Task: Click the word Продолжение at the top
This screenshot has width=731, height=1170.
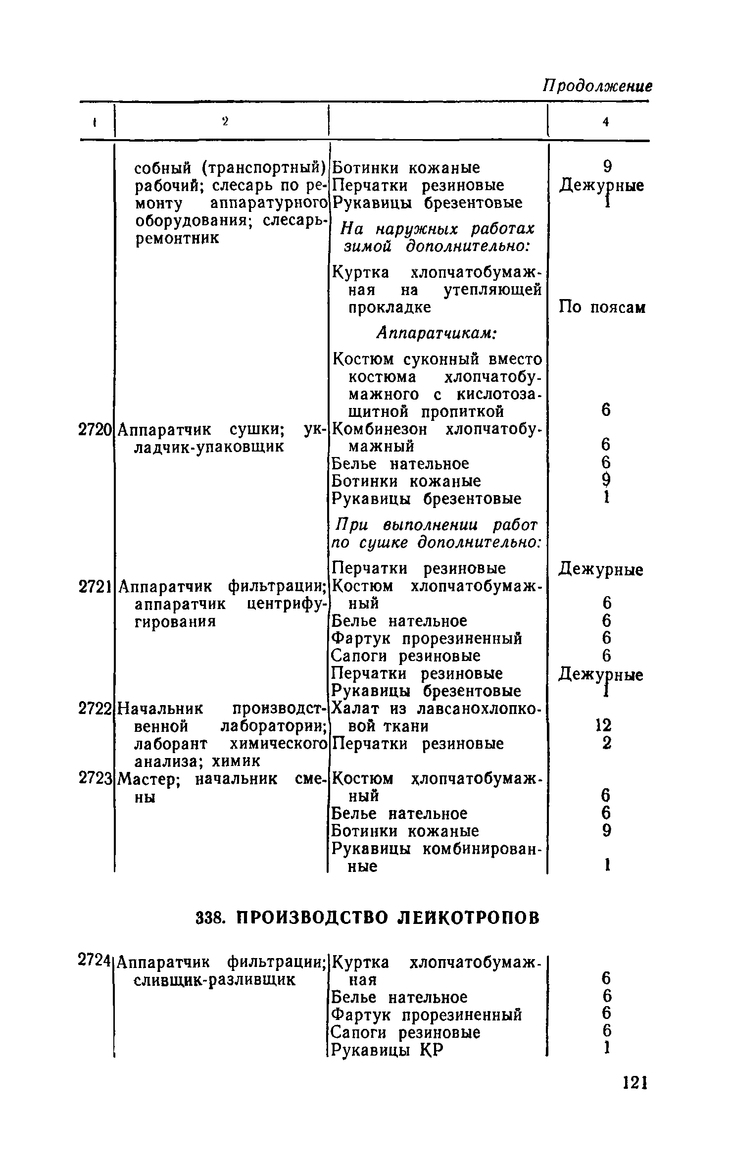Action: (597, 86)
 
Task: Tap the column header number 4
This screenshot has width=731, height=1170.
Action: (605, 122)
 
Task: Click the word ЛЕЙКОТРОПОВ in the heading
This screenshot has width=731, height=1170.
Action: (469, 917)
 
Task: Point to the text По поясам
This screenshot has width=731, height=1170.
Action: (602, 307)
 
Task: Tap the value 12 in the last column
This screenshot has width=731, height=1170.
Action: (604, 726)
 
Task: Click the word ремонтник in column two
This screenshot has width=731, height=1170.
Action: (177, 238)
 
